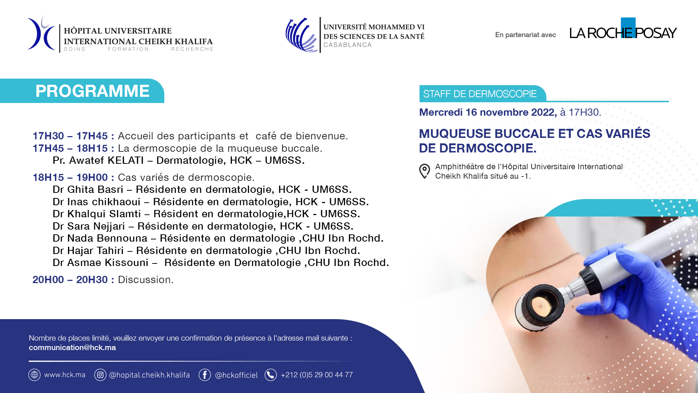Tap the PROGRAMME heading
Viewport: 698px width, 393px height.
(92, 91)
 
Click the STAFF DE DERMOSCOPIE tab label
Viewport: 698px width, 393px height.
(480, 94)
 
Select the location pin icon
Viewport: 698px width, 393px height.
(424, 171)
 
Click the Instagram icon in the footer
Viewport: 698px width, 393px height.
(100, 375)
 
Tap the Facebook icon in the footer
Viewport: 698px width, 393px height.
(205, 375)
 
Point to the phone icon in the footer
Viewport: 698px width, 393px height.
(270, 375)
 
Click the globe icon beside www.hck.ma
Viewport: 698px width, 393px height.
(35, 375)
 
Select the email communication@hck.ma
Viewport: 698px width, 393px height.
(72, 348)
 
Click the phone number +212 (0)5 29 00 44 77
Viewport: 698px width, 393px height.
(317, 375)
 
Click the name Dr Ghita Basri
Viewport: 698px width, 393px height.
(88, 190)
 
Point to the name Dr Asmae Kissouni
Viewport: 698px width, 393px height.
(101, 263)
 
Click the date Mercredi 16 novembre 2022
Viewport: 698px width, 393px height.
(488, 112)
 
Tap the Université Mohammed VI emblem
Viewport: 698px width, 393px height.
(302, 35)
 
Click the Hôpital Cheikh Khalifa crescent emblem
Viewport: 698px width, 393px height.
(41, 33)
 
